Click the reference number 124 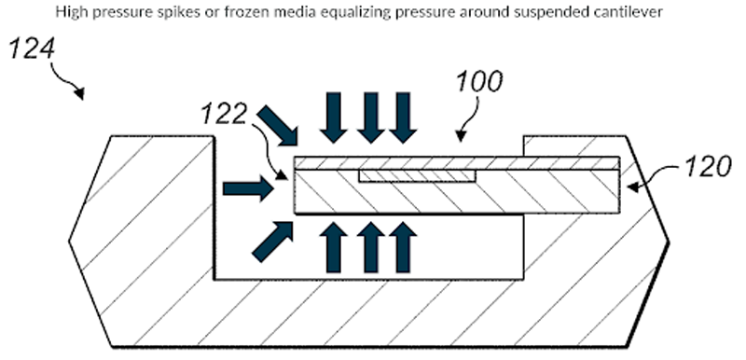pyautogui.click(x=32, y=48)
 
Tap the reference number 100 pyautogui.click(x=479, y=81)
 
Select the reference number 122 pyautogui.click(x=224, y=115)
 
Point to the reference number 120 pyautogui.click(x=708, y=167)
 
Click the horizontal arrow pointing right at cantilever pyautogui.click(x=248, y=188)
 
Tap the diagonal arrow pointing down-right pyautogui.click(x=277, y=125)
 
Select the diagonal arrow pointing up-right pyautogui.click(x=272, y=242)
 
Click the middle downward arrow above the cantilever pyautogui.click(x=370, y=118)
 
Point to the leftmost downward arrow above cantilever pyautogui.click(x=334, y=118)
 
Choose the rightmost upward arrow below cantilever pyautogui.click(x=403, y=247)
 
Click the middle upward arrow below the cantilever pyautogui.click(x=370, y=247)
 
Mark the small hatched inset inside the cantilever pyautogui.click(x=417, y=175)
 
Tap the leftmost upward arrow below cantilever pyautogui.click(x=334, y=247)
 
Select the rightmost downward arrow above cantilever pyautogui.click(x=403, y=118)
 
